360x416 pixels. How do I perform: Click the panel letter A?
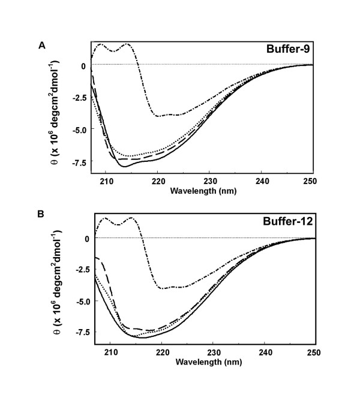click(42, 45)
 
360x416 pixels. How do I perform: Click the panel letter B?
click(42, 219)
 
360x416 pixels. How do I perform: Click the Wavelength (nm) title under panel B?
click(199, 363)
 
